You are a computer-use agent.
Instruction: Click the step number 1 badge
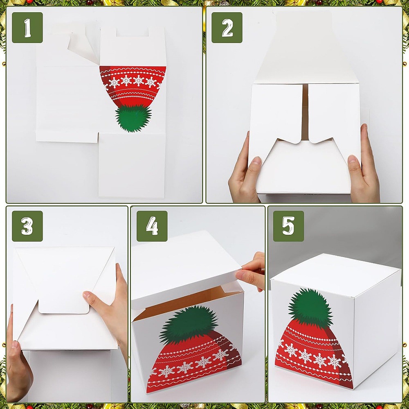pos(27,28)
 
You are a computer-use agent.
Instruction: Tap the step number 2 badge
pos(227,28)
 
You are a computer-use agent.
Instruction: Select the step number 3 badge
pos(27,226)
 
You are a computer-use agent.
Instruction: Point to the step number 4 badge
pos(152,226)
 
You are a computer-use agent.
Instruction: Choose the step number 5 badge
pos(288,226)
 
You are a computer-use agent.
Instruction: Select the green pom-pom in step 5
pos(310,306)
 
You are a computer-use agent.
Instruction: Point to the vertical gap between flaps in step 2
pos(305,112)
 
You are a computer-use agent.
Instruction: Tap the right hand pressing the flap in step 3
pos(110,313)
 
